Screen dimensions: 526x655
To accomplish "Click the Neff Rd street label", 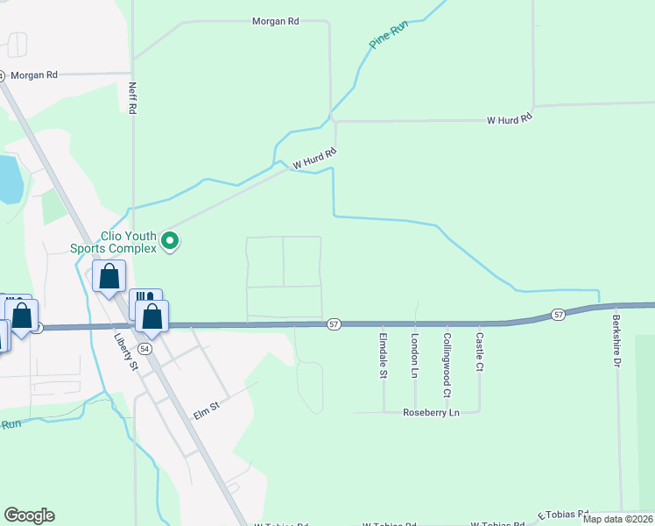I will coord(133,98).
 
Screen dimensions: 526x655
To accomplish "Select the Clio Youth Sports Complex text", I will coord(116,242).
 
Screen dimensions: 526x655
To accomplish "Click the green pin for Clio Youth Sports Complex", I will coord(173,239).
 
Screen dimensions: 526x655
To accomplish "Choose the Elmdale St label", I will coord(384,354).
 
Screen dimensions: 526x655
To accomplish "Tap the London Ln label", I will coord(415,354).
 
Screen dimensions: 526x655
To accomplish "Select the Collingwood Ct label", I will coord(447,354).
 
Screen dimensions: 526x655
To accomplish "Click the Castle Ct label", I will coord(479,351).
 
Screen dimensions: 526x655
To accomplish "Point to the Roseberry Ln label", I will coord(431,412).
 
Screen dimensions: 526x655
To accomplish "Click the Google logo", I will coord(29,515).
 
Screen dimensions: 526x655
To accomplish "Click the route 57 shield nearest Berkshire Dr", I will coord(558,314).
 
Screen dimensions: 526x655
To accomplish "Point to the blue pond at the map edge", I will coord(9,179).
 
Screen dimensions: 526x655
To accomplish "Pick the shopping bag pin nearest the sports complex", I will coord(109,278).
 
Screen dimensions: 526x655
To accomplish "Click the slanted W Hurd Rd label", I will coord(314,159).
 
